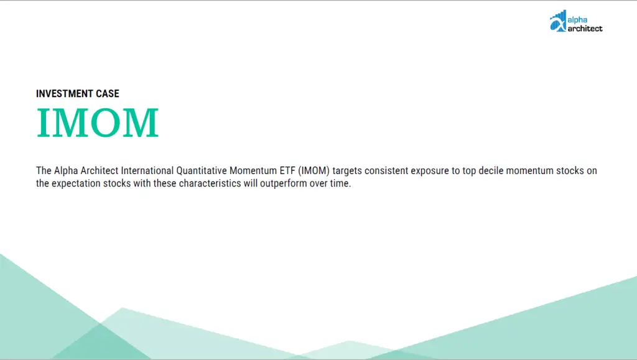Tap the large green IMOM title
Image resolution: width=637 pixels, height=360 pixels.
98,122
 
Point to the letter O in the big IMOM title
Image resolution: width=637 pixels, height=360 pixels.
105,122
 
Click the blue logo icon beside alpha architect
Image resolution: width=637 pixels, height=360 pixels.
558,21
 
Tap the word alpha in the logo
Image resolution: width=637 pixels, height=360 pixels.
577,20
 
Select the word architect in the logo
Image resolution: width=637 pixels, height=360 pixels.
585,29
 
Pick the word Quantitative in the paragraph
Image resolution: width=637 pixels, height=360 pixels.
202,171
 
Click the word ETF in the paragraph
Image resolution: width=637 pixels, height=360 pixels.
287,171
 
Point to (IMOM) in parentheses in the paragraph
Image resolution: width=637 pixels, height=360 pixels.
314,171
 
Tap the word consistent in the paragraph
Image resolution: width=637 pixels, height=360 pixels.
386,171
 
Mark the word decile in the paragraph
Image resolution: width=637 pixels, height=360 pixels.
491,171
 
